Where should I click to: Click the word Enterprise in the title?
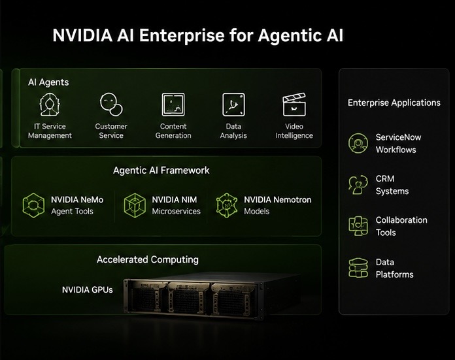click(182, 36)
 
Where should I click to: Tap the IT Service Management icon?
click(50, 105)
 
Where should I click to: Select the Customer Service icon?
click(111, 105)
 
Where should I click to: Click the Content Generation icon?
click(173, 105)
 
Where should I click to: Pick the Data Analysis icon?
click(233, 105)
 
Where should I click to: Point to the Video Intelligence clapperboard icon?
click(294, 105)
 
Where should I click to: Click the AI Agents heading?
click(48, 82)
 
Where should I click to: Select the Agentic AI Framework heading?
click(161, 171)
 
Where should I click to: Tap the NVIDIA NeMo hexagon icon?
click(33, 205)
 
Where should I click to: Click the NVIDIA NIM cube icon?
click(135, 205)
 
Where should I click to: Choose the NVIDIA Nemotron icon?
click(227, 205)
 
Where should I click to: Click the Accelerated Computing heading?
click(148, 259)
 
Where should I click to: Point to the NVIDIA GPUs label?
click(88, 290)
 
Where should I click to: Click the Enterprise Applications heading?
click(394, 103)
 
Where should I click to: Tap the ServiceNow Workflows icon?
click(358, 143)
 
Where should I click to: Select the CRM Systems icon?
click(358, 185)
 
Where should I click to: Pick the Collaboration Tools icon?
click(358, 226)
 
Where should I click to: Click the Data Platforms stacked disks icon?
click(358, 268)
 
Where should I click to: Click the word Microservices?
click(176, 212)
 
